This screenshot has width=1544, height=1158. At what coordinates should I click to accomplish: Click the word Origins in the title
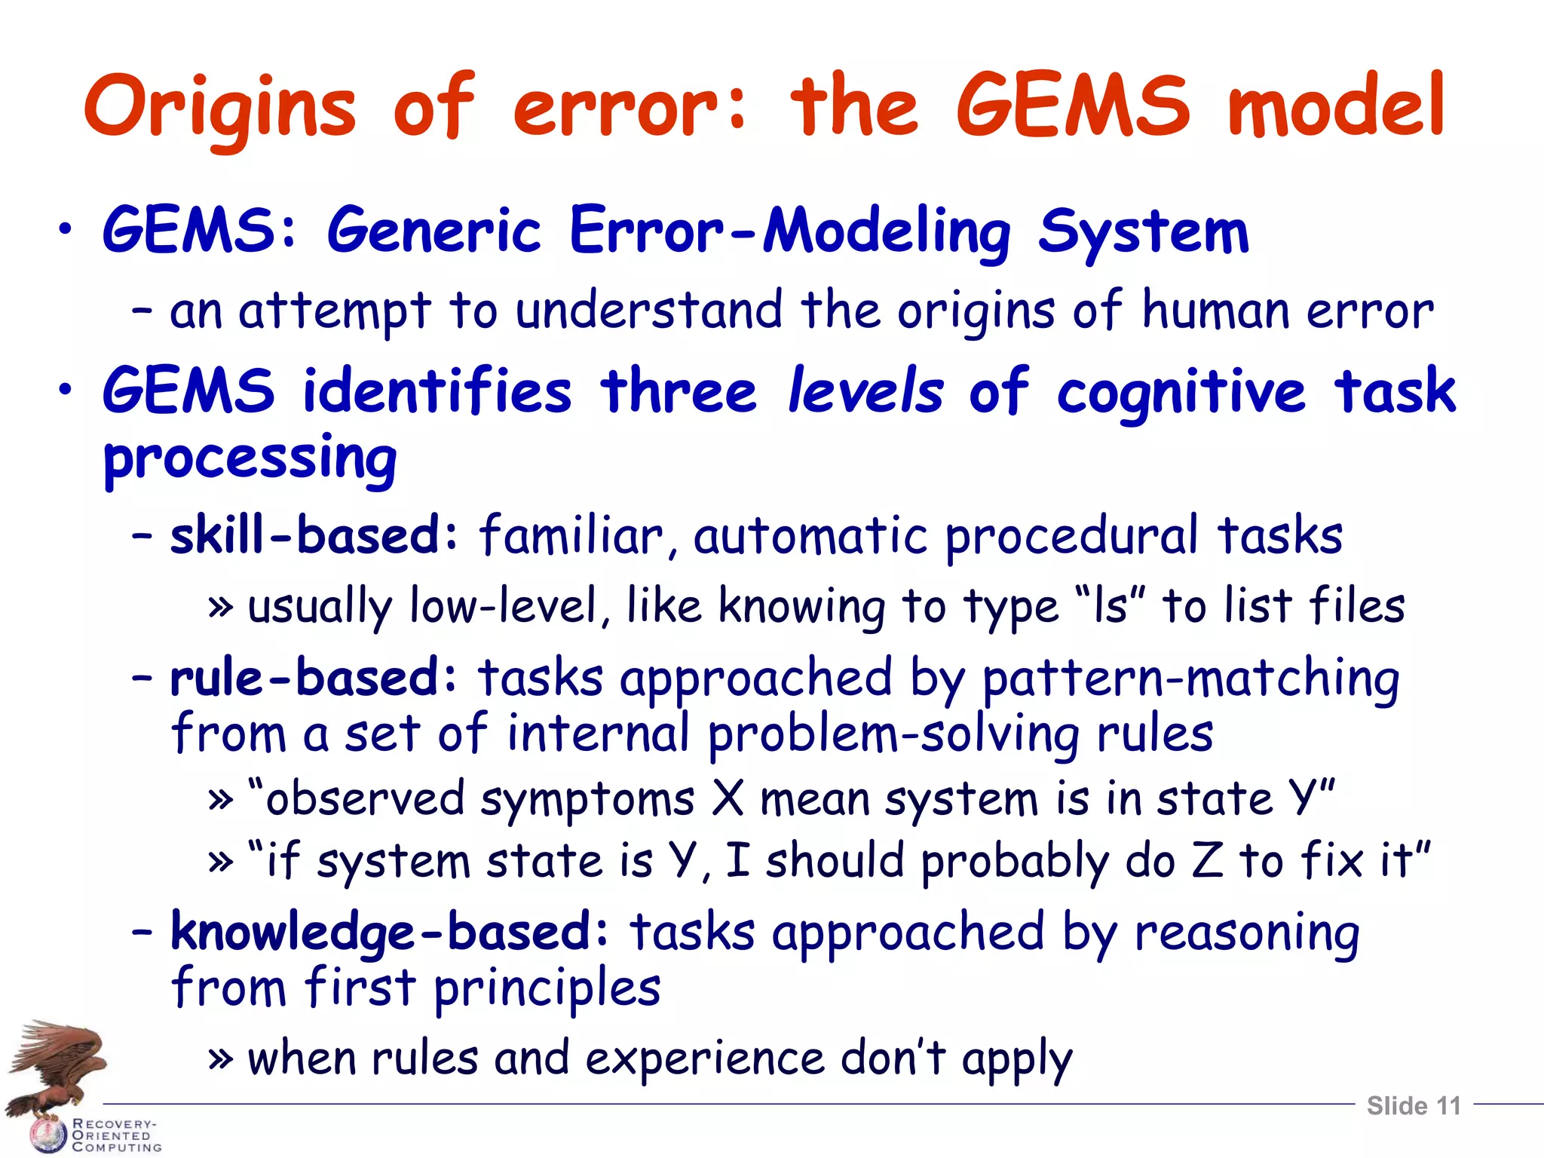point(219,107)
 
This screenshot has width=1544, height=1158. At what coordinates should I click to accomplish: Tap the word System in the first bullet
point(1143,231)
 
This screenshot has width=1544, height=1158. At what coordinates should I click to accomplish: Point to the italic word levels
point(865,391)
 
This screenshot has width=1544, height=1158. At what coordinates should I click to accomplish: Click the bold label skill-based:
point(314,535)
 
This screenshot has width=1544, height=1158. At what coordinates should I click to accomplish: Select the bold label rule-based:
point(314,677)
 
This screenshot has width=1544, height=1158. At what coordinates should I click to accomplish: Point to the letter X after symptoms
point(728,798)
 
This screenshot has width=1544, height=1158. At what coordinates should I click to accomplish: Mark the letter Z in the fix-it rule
point(1207,860)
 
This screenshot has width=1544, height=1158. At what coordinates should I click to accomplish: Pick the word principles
point(547,988)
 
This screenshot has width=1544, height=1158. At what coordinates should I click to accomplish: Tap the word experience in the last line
point(705,1058)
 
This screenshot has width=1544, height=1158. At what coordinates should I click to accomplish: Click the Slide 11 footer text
point(1414,1106)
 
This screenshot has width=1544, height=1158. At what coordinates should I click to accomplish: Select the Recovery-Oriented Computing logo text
point(116,1135)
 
